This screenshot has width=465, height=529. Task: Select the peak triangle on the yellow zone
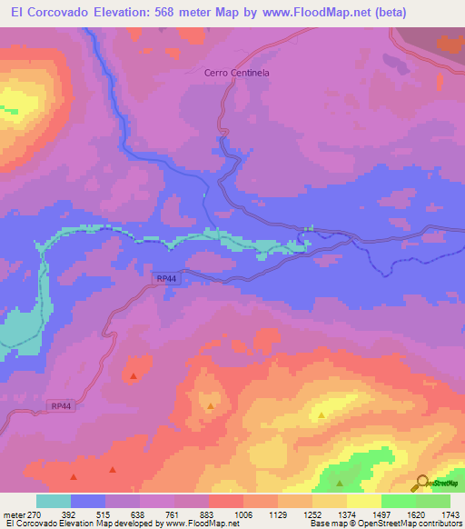322,416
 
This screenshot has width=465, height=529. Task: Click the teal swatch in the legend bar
54,501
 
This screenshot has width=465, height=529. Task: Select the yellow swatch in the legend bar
363,501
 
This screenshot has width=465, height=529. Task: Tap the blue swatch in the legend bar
88,501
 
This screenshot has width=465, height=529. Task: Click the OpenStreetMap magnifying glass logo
420,483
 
